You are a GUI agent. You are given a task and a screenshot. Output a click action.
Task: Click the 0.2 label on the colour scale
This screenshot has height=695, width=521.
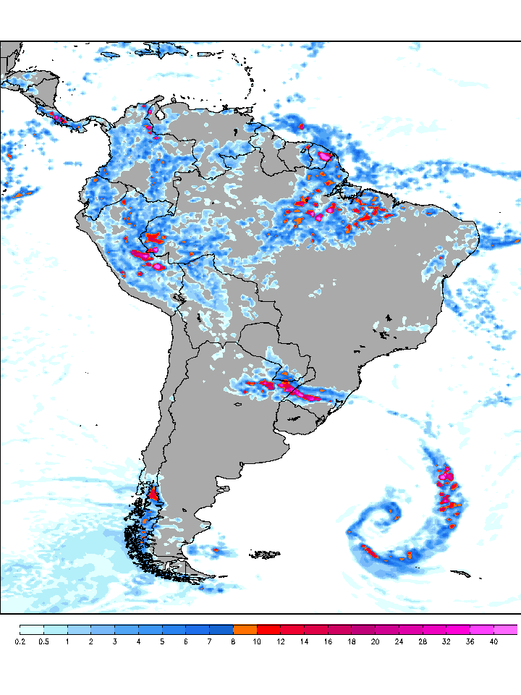click(x=20, y=641)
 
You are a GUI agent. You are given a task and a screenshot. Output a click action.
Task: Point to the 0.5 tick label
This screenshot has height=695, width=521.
click(x=44, y=641)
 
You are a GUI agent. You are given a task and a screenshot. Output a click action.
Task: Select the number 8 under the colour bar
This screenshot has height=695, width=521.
click(x=233, y=641)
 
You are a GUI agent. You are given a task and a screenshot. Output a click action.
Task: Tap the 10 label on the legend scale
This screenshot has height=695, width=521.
click(x=257, y=641)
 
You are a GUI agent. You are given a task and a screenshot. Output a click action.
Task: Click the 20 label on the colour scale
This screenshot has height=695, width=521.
click(x=375, y=641)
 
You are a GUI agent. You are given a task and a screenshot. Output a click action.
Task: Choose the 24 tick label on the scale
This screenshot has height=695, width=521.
click(x=399, y=641)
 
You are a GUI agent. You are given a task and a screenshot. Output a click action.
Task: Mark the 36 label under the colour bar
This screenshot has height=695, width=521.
click(x=470, y=641)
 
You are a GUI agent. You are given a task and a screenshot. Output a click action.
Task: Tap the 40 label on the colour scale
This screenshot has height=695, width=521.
click(x=494, y=641)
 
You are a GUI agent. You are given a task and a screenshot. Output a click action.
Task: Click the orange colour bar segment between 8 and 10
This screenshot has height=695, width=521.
click(x=245, y=629)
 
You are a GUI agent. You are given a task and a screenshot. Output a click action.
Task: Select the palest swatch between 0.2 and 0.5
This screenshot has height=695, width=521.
click(x=32, y=629)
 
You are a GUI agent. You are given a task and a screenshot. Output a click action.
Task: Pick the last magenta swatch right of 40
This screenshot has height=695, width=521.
click(x=506, y=629)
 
